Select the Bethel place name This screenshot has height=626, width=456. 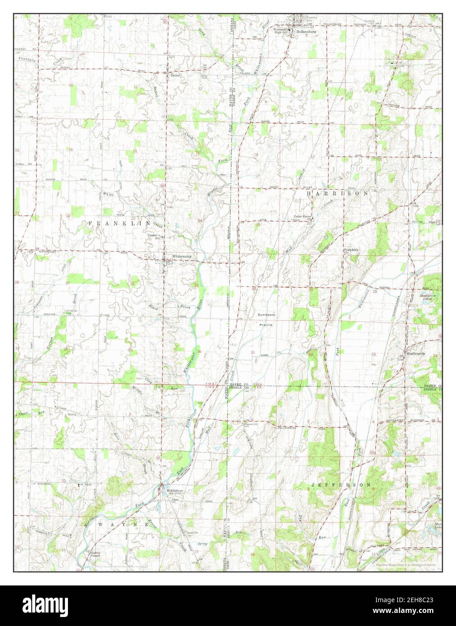pos(175,76)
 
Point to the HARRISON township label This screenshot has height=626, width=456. pos(337,193)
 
